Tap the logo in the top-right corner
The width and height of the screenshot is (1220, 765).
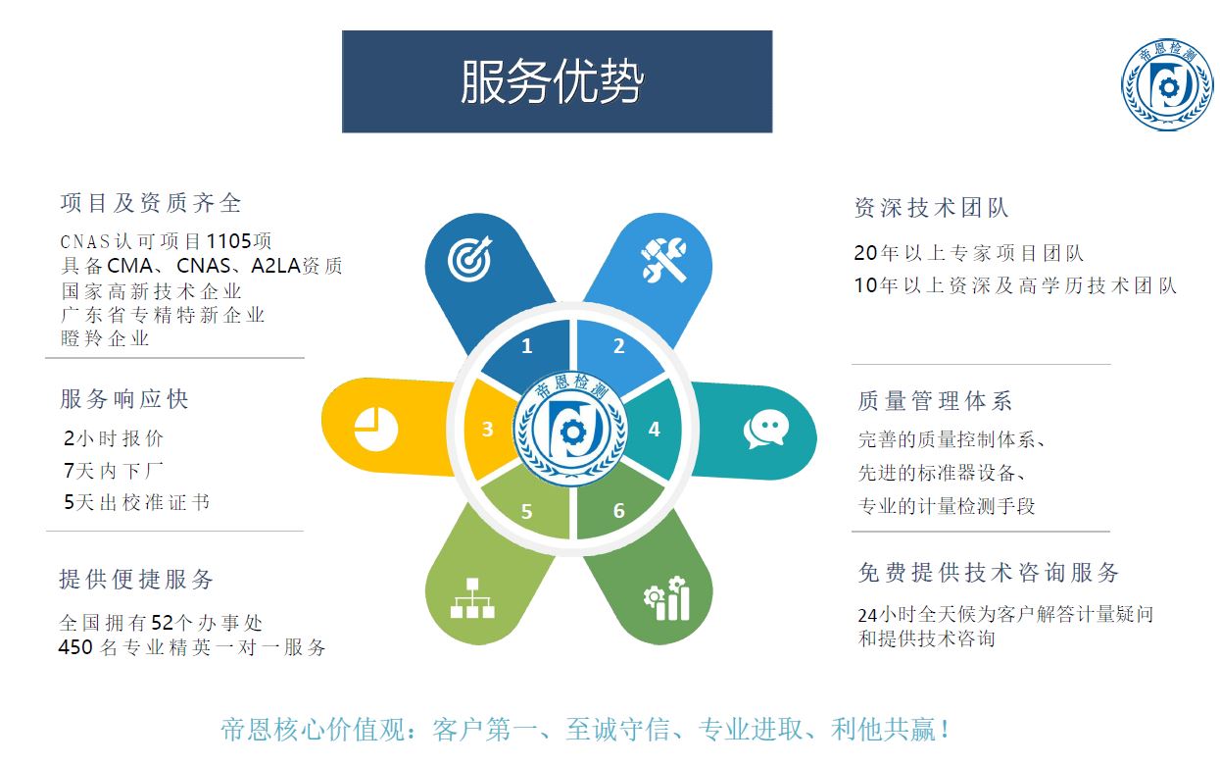click(1165, 87)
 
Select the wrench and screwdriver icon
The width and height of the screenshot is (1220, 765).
click(663, 259)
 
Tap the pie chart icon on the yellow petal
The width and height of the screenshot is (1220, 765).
click(375, 429)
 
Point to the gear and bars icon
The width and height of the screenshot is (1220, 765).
click(666, 598)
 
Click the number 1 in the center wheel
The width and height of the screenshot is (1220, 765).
click(527, 346)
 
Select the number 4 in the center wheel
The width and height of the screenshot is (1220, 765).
click(654, 429)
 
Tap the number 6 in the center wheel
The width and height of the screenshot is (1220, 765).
click(618, 511)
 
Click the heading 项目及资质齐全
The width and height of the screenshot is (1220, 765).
click(151, 203)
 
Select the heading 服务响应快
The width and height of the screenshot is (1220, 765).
click(124, 399)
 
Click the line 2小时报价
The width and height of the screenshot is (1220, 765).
click(114, 438)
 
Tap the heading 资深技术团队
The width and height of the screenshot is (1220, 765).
click(931, 208)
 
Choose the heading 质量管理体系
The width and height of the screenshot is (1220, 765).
click(935, 401)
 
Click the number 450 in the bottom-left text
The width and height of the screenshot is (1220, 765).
click(76, 647)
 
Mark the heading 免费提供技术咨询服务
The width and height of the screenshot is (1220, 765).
click(988, 573)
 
